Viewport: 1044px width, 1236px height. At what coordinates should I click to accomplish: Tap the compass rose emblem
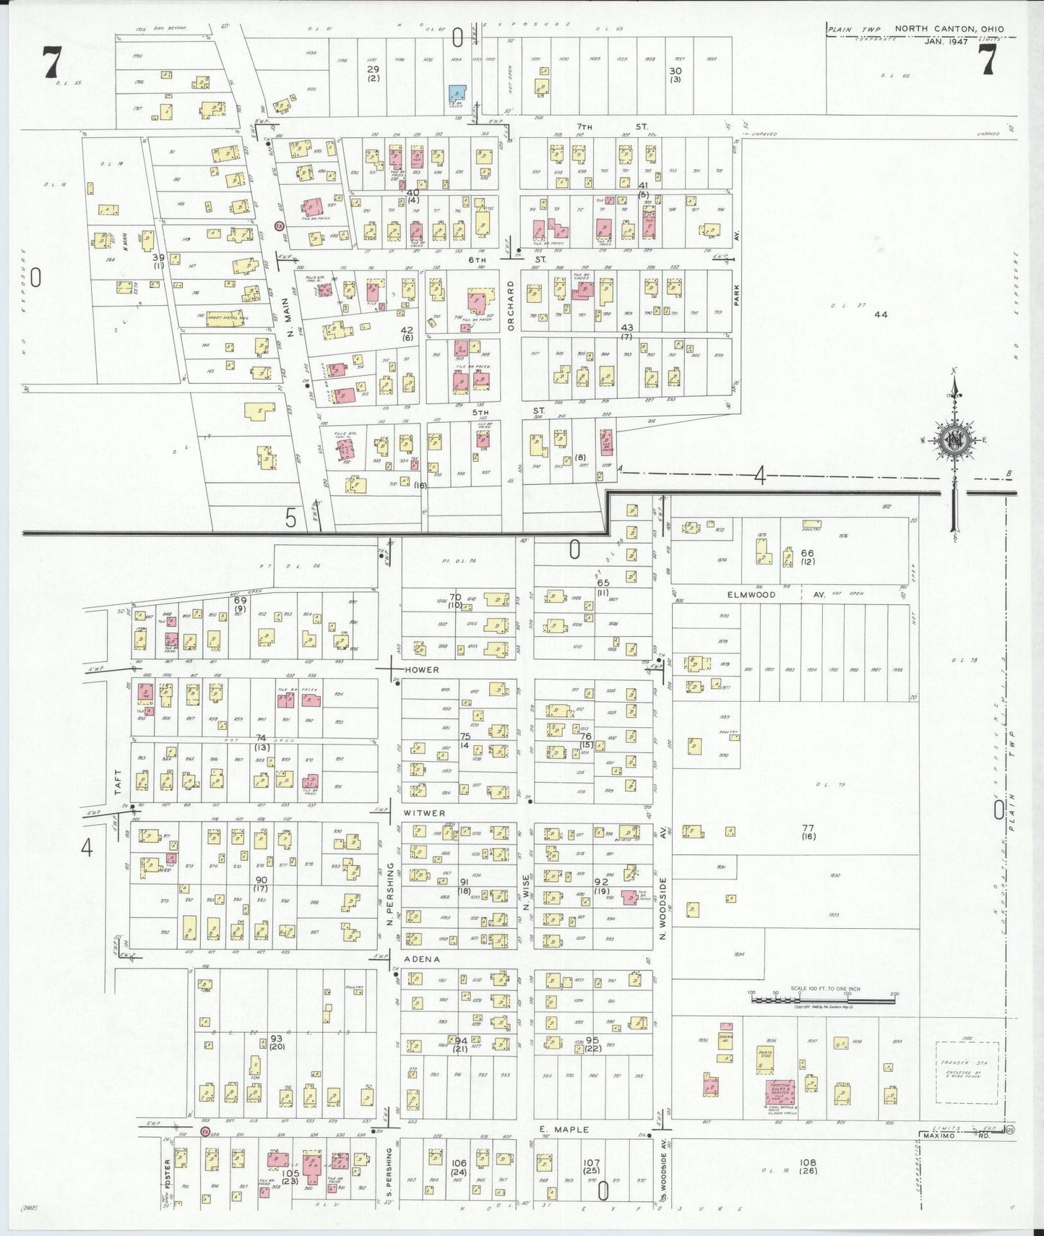pos(954,440)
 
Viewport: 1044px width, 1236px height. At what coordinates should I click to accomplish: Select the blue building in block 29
pos(457,93)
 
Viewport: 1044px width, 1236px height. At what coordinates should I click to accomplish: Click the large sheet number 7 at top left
pos(51,62)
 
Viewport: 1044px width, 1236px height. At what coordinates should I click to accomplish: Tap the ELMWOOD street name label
pos(751,595)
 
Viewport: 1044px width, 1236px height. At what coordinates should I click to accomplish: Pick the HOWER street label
pos(421,670)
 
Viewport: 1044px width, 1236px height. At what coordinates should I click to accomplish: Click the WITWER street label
pos(424,813)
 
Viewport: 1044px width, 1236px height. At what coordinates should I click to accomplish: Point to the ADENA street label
pos(421,959)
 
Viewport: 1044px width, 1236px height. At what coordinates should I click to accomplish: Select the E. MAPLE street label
pos(564,1129)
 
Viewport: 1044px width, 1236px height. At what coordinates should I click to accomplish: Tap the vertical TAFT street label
pos(118,782)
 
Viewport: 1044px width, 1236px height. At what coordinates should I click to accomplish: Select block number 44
pos(880,314)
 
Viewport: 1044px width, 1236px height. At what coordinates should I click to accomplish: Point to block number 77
pos(808,828)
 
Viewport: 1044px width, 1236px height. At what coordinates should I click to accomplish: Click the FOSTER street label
pos(167,1174)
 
